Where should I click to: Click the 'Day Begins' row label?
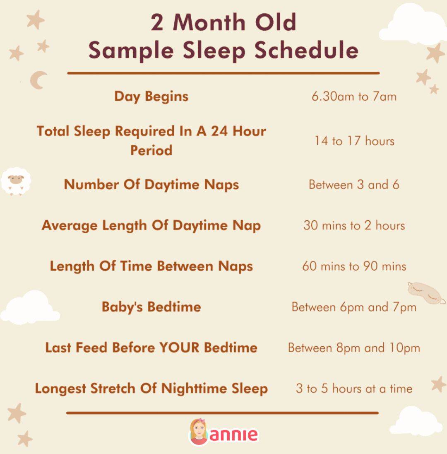tap(151, 97)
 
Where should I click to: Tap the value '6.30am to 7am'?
tap(354, 97)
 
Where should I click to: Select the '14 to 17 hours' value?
tap(354, 141)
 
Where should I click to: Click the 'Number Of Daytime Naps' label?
tap(151, 185)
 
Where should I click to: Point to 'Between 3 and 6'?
tap(354, 185)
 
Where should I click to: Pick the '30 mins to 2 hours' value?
tap(354, 226)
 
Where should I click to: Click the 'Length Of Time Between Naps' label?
tap(151, 266)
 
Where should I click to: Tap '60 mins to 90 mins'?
tap(354, 266)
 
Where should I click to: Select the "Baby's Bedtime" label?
tap(151, 307)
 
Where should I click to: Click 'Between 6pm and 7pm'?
tap(354, 307)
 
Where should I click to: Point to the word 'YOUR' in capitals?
tap(179, 348)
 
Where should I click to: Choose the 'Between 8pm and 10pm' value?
tap(354, 348)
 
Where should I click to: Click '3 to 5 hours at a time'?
tap(354, 389)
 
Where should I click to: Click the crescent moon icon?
tap(38, 80)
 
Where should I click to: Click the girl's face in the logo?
tap(198, 432)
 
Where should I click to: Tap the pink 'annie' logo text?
tap(233, 435)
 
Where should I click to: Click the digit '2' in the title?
tap(157, 23)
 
